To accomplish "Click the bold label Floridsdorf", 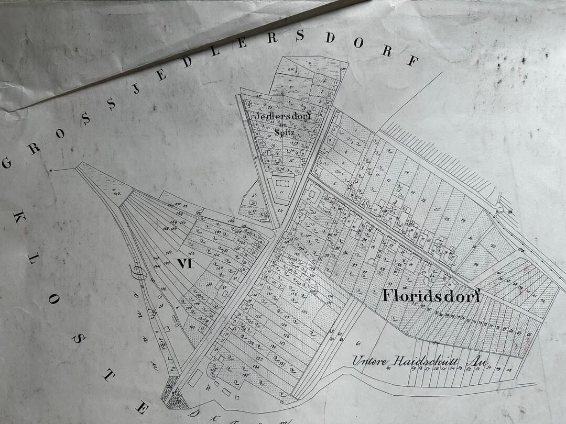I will pyautogui.click(x=431, y=295).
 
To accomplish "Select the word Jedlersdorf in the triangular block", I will pyautogui.click(x=283, y=116).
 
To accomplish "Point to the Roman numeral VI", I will pyautogui.click(x=184, y=264).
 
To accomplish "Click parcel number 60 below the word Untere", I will pyautogui.click(x=389, y=368).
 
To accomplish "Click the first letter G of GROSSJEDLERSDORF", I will pyautogui.click(x=7, y=163).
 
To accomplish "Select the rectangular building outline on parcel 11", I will pyautogui.click(x=282, y=184).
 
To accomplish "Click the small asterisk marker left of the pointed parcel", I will pyautogui.click(x=51, y=171).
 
